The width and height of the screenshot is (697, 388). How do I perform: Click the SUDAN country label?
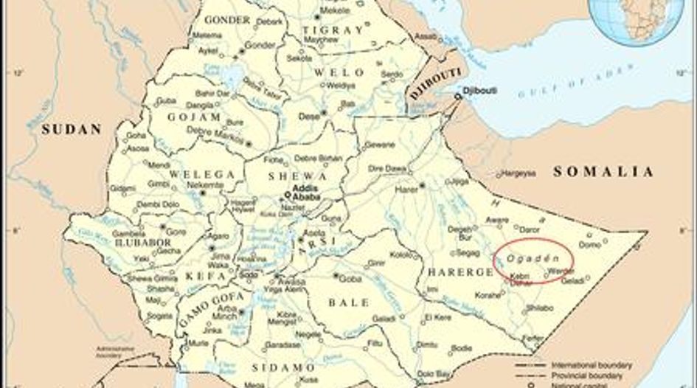tap(71, 129)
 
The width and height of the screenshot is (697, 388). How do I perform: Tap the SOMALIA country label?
tap(603, 172)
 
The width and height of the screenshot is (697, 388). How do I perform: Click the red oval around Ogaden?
tap(534, 260)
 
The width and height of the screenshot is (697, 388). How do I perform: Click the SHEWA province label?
tap(298, 176)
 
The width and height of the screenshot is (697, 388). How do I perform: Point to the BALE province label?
tap(349, 303)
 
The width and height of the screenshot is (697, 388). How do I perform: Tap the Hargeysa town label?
tap(520, 175)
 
